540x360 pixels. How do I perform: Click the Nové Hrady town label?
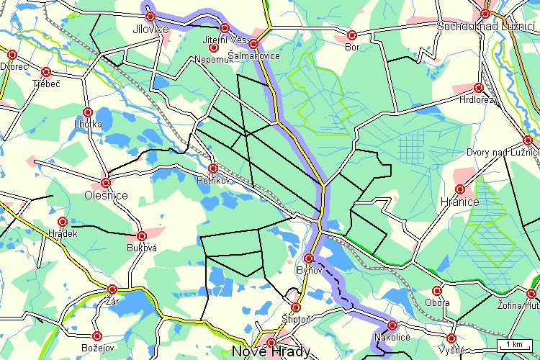click(x=271, y=352)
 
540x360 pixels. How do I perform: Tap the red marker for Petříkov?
click(x=213, y=168)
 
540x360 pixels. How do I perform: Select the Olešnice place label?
click(x=106, y=195)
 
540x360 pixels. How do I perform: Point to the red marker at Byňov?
click(x=310, y=258)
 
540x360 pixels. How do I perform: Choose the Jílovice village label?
click(x=150, y=29)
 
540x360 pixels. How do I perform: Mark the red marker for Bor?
click(x=352, y=35)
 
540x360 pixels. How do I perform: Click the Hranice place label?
click(x=459, y=202)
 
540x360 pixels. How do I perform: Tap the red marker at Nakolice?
click(x=392, y=325)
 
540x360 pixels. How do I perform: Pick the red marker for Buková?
click(x=142, y=235)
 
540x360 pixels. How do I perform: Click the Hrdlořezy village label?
click(x=478, y=99)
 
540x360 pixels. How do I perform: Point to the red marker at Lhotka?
click(x=88, y=112)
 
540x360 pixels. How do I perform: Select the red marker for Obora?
click(x=437, y=291)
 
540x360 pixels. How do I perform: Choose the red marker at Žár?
click(x=112, y=289)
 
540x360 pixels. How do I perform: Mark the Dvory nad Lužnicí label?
click(x=503, y=152)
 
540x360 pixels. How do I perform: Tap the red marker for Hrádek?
click(x=63, y=222)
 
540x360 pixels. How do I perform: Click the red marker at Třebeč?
click(x=46, y=72)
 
